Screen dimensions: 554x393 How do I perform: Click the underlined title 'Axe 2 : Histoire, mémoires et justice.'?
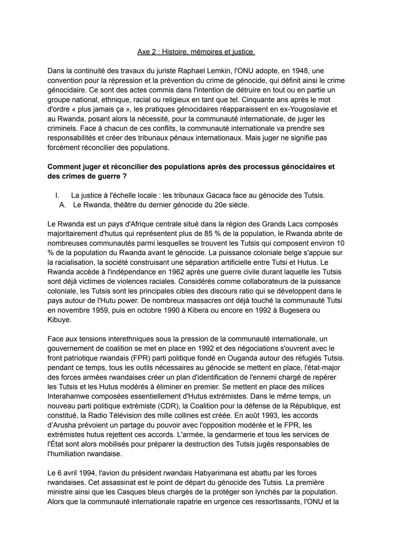pos(196,52)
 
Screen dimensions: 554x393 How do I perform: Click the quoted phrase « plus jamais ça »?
pos(100,109)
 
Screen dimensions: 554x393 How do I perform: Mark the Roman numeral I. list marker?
pos(57,195)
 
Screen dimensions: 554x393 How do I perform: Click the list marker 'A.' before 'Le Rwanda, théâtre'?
pos(62,205)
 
